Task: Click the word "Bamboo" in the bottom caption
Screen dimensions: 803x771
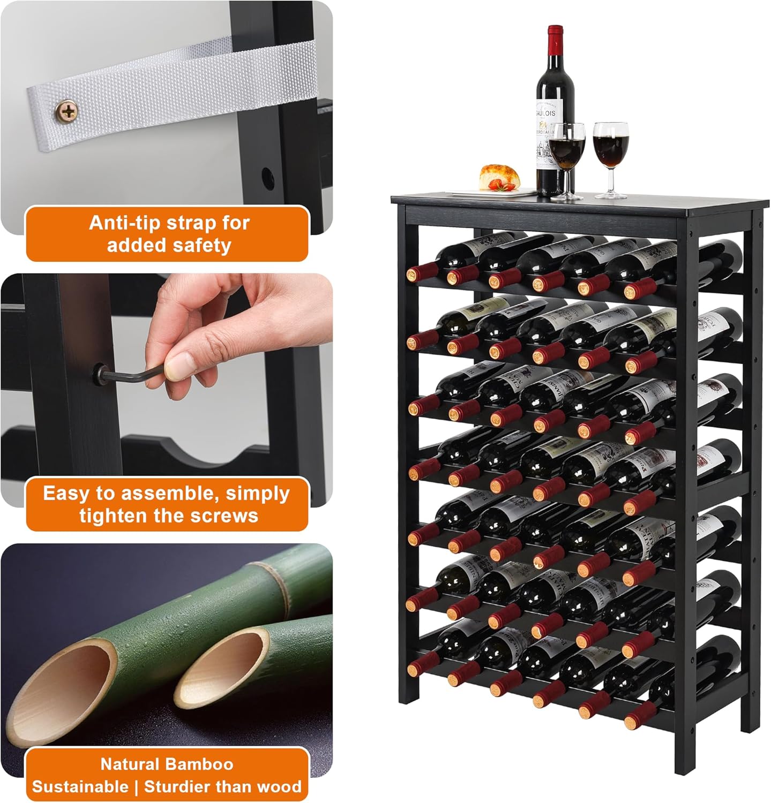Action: tap(201, 764)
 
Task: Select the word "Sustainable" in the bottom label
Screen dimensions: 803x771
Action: tap(80, 786)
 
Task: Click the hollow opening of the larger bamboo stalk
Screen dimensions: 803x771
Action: tap(64, 691)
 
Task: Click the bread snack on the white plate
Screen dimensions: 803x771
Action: tap(499, 177)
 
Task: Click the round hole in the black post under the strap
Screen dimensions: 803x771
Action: tap(266, 175)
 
